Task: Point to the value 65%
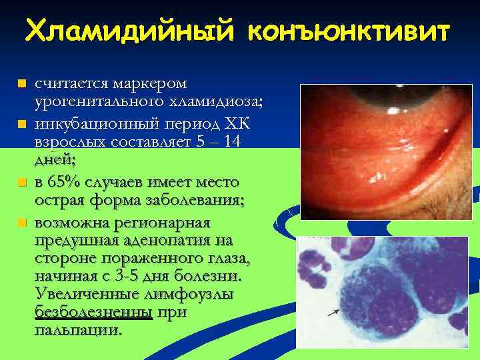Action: [64, 181]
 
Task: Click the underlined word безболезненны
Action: [93, 312]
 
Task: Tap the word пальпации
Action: [78, 329]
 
